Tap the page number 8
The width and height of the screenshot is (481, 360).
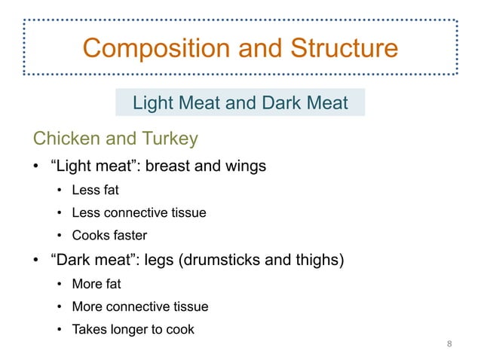click(x=450, y=344)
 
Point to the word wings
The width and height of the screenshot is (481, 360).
click(x=244, y=166)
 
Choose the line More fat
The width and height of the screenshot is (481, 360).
click(x=97, y=285)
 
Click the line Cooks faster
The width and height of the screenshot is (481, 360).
click(x=109, y=234)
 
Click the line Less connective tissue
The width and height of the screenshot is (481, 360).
click(x=139, y=212)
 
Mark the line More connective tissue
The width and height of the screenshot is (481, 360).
click(x=140, y=307)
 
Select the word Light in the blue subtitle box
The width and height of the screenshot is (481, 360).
click(x=153, y=102)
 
